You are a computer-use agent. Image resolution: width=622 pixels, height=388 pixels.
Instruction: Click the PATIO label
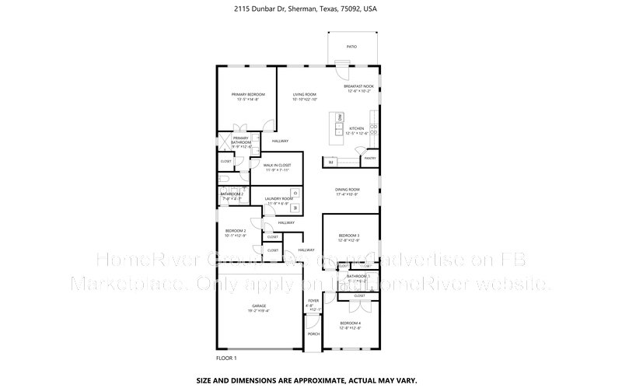pos(351,47)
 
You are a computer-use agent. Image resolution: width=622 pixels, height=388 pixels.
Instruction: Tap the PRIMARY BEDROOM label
pos(248,94)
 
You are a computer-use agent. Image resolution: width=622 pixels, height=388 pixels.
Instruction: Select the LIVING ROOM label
pos(305,94)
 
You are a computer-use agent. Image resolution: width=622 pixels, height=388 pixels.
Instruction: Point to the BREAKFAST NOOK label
pos(358,86)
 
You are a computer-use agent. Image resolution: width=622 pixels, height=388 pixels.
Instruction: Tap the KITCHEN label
pos(357,128)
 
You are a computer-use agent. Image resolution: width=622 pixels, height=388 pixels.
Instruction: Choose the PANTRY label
pos(369,158)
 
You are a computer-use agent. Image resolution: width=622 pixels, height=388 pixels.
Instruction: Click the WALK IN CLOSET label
pos(277,165)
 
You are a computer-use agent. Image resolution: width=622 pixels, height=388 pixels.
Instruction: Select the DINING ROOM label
pos(348,189)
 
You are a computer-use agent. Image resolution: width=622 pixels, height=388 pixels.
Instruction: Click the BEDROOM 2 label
pos(236,231)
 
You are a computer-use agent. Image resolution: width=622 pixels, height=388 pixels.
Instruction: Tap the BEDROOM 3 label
pos(349,235)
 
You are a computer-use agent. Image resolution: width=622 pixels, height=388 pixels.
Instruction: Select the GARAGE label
pos(259,306)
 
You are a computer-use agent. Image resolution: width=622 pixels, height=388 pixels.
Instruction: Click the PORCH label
pos(313,334)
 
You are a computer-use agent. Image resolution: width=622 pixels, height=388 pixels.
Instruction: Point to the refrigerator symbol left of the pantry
pos(330,162)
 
